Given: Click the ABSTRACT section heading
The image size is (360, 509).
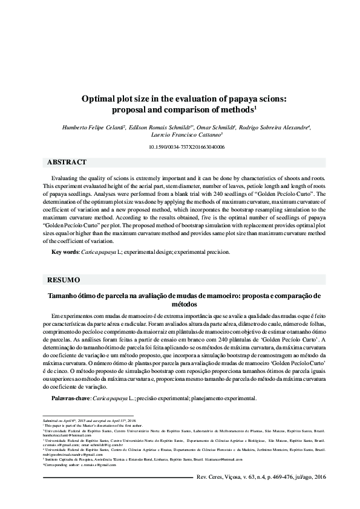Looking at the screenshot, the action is click(x=67, y=162).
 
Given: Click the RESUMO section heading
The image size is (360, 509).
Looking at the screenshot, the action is click(x=64, y=280).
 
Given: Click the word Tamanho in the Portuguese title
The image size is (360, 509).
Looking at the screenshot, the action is click(x=64, y=295).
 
